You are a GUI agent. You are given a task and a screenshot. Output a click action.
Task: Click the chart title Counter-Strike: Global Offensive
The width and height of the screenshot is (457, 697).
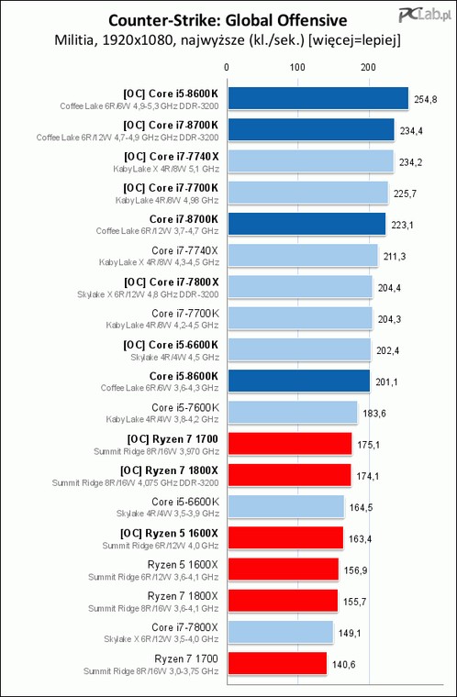click(x=228, y=20)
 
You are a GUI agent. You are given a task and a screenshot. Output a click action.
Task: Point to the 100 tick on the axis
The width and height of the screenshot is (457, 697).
click(x=297, y=67)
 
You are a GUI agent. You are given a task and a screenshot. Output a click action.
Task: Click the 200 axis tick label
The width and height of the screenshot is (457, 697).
click(x=368, y=67)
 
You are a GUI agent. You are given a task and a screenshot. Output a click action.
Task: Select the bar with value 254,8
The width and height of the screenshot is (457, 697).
click(x=318, y=98)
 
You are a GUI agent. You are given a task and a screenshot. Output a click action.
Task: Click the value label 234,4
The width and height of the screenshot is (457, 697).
click(x=411, y=130)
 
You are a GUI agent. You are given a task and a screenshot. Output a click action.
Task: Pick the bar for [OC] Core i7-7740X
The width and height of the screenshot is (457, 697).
click(x=310, y=160)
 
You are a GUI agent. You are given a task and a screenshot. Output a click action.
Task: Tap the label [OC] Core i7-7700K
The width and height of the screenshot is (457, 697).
click(x=171, y=188)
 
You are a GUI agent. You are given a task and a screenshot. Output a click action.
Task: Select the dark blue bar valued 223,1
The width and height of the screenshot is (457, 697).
click(x=307, y=224)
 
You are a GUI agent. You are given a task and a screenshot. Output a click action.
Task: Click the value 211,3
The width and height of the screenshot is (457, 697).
click(x=395, y=257)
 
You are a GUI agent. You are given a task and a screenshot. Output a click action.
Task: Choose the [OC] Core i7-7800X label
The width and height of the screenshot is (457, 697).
click(x=172, y=282)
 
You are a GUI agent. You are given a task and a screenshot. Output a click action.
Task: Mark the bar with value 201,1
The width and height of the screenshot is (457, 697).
click(x=298, y=381)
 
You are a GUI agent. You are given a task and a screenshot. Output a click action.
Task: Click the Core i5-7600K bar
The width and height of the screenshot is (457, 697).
click(x=293, y=412)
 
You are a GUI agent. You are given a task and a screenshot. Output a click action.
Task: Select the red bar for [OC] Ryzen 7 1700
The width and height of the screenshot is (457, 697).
click(x=290, y=444)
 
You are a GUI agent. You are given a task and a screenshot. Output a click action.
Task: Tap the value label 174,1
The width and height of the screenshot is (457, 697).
click(x=368, y=476)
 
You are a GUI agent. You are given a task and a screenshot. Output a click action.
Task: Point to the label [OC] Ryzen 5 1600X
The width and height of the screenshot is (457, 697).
click(x=169, y=533)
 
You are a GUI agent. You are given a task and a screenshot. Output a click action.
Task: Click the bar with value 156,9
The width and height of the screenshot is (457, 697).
click(x=283, y=570)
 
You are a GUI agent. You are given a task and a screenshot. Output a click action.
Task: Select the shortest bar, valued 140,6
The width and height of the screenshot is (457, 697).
click(x=277, y=663)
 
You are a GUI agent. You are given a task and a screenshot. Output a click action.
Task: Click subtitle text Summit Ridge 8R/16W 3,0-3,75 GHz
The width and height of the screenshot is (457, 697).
click(x=150, y=671)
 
